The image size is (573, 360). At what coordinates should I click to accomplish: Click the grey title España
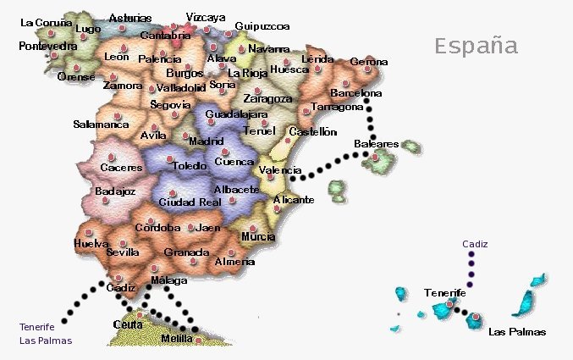[x=476, y=45]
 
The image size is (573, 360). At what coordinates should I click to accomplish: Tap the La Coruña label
[x=47, y=23]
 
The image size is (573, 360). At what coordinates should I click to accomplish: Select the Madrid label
[x=206, y=141]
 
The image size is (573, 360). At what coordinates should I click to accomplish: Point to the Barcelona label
[x=355, y=92]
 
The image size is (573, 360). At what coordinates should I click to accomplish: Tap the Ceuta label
[x=127, y=324]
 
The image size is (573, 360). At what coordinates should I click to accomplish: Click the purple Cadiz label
[x=475, y=244]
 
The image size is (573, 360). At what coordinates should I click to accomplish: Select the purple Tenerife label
[x=36, y=327]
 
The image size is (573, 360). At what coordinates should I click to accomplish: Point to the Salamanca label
[x=101, y=124]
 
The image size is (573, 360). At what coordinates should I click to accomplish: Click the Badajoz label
[x=115, y=191]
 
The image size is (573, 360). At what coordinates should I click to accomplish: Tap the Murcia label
[x=258, y=236]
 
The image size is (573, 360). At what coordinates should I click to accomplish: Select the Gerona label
[x=368, y=61]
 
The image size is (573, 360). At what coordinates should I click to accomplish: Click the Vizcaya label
[x=206, y=17]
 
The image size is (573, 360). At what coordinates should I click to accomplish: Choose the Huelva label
[x=91, y=243]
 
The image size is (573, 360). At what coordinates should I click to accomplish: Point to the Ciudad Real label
[x=190, y=202]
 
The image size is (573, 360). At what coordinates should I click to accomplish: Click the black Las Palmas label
[x=517, y=331]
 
